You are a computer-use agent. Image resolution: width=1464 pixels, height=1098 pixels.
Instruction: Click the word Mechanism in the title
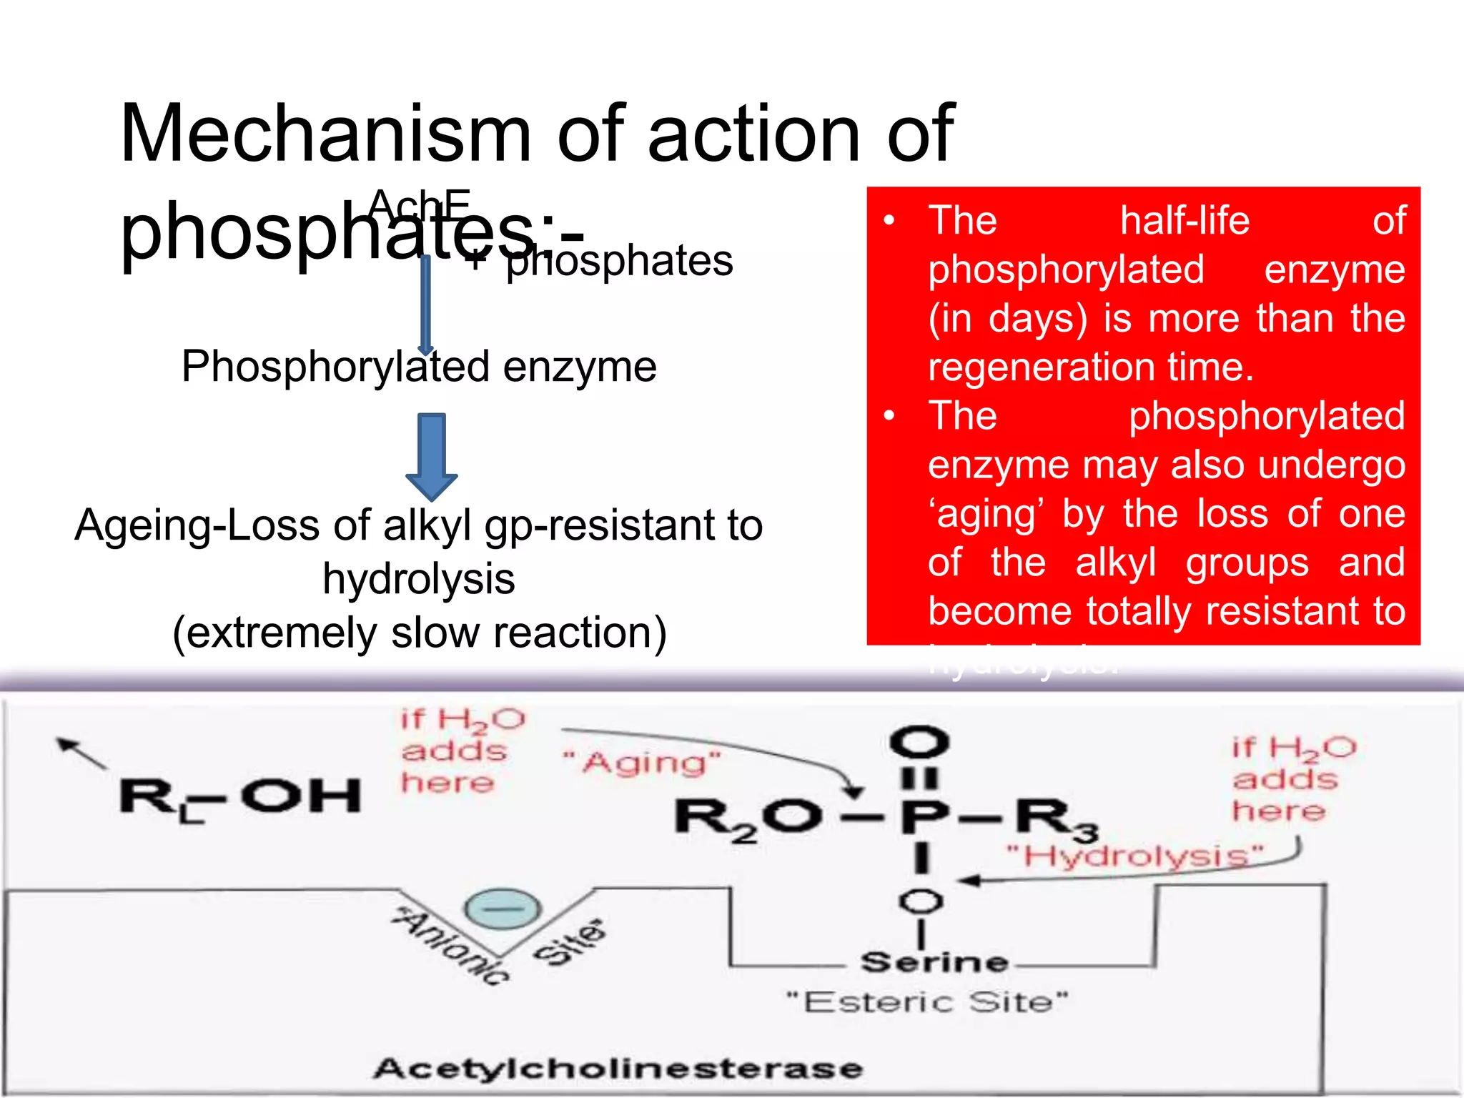coord(326,134)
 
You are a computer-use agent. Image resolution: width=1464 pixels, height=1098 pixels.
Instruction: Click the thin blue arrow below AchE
coord(425,304)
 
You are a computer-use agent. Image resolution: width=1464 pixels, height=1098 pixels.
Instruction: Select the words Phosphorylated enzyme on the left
coord(419,367)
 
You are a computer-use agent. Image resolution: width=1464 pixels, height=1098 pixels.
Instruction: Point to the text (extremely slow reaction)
coord(420,633)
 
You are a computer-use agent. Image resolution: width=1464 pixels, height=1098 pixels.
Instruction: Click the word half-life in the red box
coord(1184,220)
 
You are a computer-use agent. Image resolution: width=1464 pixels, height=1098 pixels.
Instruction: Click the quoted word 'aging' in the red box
coord(986,514)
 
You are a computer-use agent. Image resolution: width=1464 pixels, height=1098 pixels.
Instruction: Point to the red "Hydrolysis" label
coord(1134,855)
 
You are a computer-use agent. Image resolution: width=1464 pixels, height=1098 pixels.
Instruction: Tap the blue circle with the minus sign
coord(503,909)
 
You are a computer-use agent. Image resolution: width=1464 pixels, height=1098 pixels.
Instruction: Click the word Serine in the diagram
coord(934,962)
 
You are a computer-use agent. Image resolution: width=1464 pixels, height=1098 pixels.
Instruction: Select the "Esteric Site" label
coord(927,1002)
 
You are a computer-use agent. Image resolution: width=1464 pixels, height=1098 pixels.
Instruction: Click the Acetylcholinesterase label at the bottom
coord(618,1069)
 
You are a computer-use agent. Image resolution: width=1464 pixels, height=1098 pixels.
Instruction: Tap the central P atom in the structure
coord(924,816)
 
